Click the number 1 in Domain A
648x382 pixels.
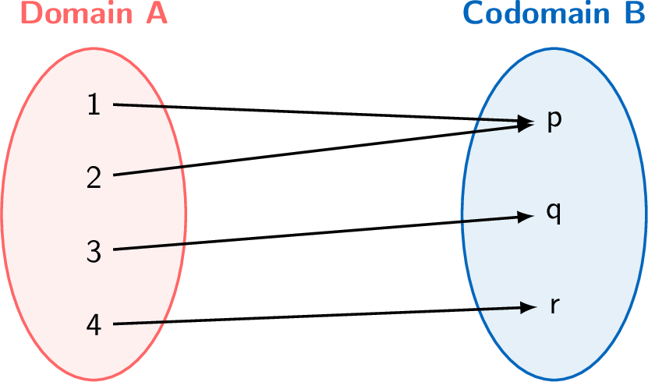click(x=94, y=104)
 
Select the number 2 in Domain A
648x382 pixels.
click(x=94, y=177)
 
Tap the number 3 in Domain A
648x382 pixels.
click(x=94, y=251)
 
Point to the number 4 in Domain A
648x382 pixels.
click(x=94, y=324)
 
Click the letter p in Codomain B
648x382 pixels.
click(x=554, y=121)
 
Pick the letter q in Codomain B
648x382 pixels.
click(x=553, y=214)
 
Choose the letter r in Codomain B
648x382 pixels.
click(x=554, y=306)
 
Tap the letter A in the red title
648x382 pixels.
click(x=156, y=13)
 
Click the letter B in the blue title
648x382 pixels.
click(x=635, y=13)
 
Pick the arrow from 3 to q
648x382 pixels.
click(x=312, y=233)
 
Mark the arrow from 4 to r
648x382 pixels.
click(x=312, y=316)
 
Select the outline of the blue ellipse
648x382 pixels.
click(x=462, y=214)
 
